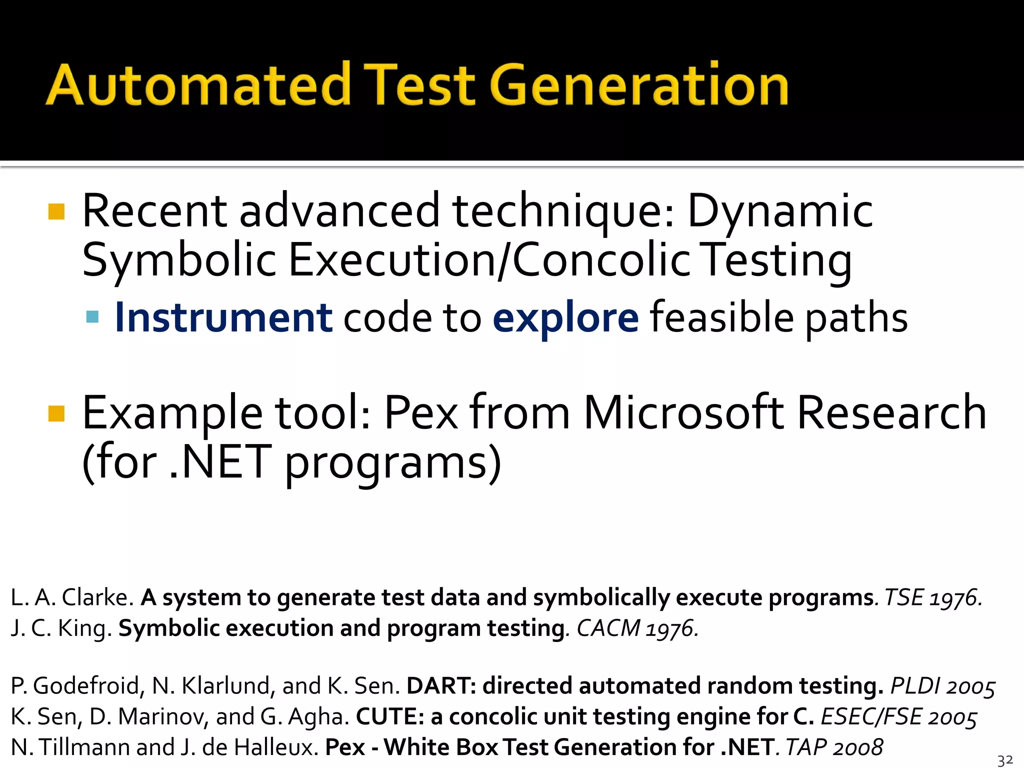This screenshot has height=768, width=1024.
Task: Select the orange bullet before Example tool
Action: [56, 413]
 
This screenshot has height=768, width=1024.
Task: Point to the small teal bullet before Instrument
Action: [92, 317]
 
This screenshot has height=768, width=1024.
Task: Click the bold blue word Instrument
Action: [223, 318]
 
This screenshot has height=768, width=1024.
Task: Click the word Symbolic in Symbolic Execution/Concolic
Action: [179, 261]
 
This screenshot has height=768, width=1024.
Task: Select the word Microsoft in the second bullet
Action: [683, 413]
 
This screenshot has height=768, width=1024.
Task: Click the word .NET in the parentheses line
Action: [220, 462]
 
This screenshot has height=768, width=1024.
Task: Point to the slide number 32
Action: [1005, 760]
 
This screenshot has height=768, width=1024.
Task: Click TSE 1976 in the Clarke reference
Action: [933, 598]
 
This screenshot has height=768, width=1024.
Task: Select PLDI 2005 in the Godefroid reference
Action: [943, 686]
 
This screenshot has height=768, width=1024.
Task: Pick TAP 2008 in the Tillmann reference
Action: [834, 747]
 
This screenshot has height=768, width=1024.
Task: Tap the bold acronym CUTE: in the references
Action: [390, 717]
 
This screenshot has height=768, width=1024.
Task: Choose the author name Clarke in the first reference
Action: [97, 598]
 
